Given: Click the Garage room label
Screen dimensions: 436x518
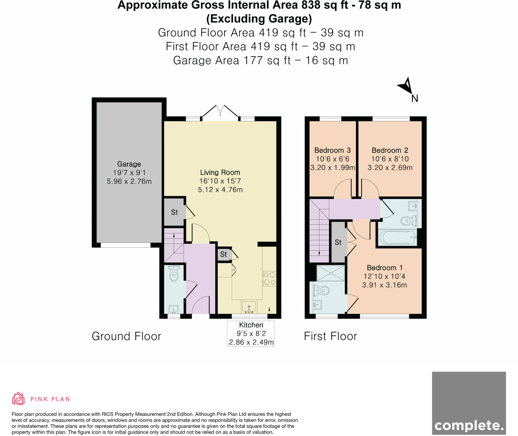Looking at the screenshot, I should tap(129, 164).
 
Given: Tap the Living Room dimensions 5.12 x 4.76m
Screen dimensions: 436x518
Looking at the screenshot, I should tap(220, 190).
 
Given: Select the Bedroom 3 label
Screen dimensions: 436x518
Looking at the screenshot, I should tap(332, 151).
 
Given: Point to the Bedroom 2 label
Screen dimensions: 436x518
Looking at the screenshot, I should tap(390, 151).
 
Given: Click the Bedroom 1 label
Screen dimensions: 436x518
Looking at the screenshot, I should tap(384, 268).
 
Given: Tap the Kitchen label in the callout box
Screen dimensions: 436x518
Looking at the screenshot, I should tap(251, 325).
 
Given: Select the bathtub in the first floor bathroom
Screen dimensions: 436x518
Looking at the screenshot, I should tap(397, 237).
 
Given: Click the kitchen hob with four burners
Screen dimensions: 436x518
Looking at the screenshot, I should tap(269, 279).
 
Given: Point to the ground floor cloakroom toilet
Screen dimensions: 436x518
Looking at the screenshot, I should tap(174, 274).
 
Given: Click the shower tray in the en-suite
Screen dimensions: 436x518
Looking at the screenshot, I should tap(331, 273).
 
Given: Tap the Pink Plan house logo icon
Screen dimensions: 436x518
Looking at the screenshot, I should tap(18, 399).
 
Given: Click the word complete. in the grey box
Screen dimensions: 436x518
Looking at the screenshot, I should tap(469, 426).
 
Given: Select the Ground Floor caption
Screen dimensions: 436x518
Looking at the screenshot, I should tap(126, 336).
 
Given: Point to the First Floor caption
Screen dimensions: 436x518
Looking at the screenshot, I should tap(330, 336).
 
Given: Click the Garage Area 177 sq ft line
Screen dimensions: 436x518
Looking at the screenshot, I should tap(260, 61).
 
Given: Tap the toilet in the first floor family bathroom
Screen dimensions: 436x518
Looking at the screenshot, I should tap(408, 221).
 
